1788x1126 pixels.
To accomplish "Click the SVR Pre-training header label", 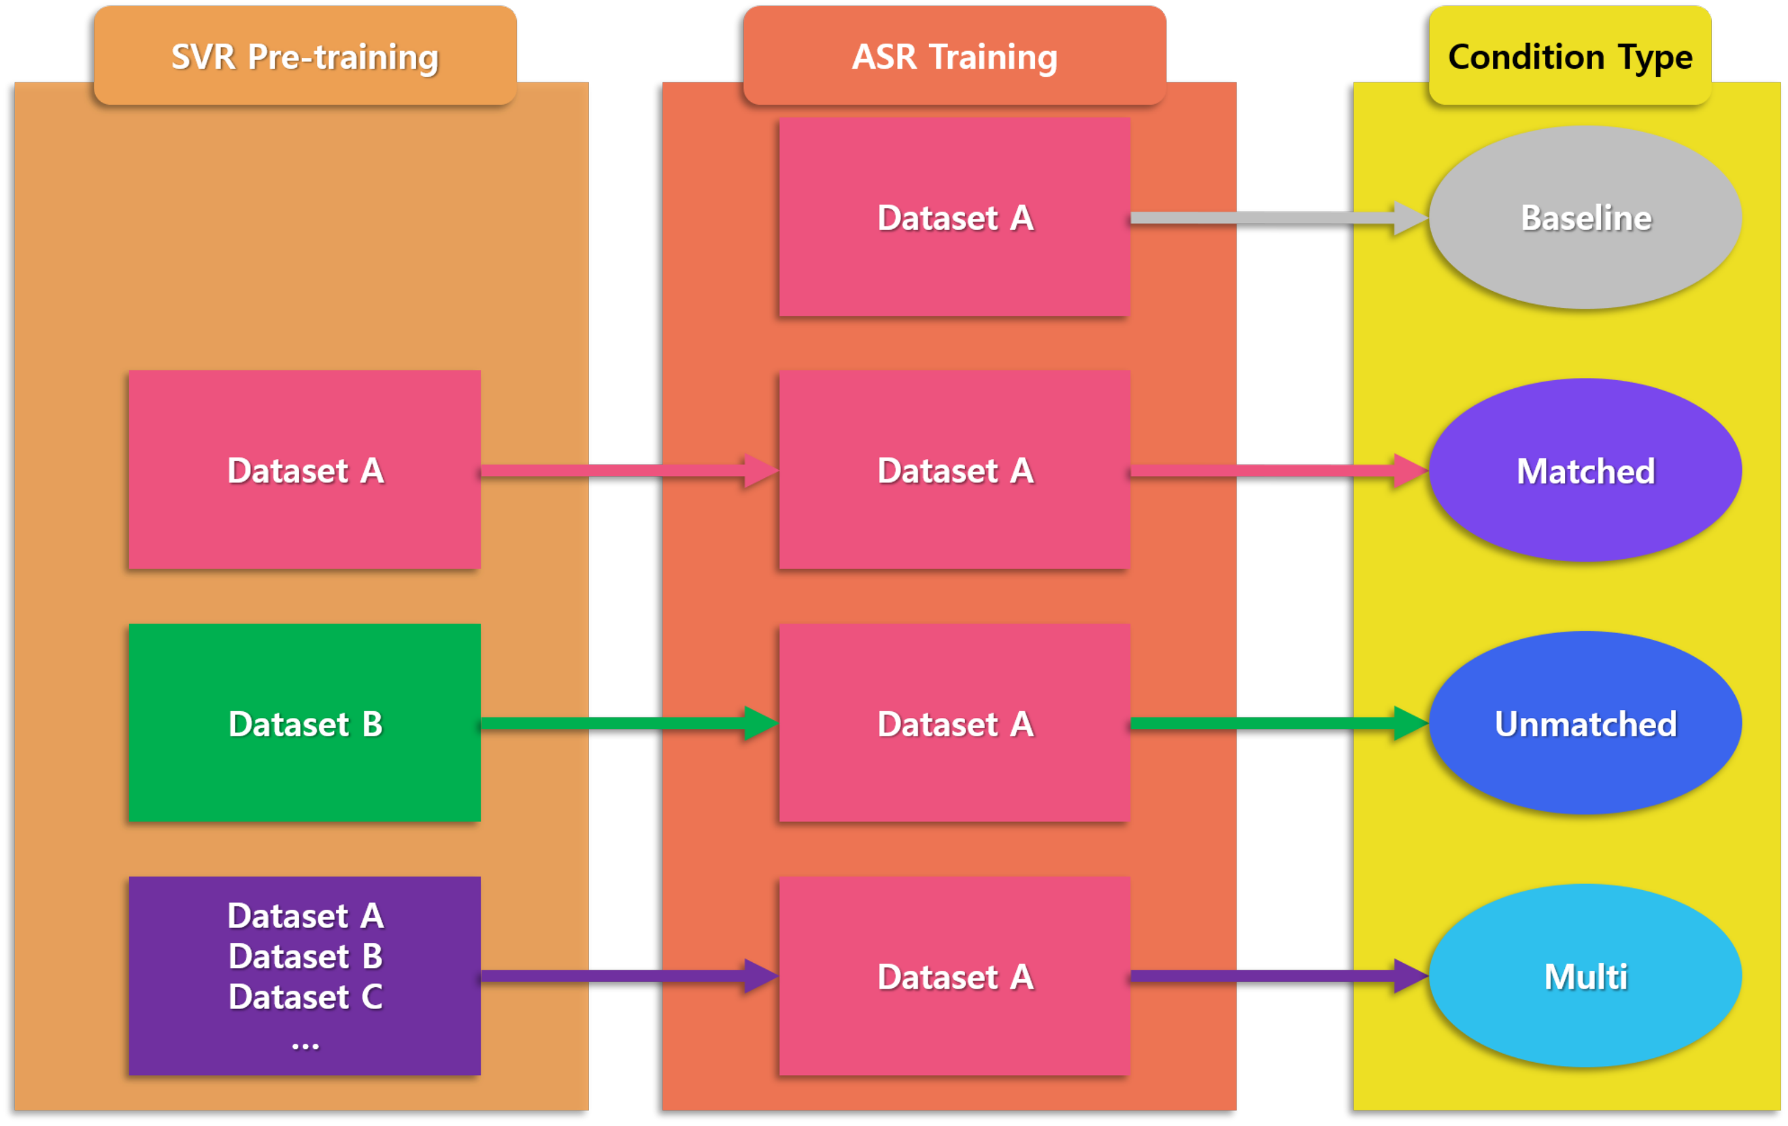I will pyautogui.click(x=305, y=56).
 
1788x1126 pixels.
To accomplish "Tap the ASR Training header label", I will pyautogui.click(x=954, y=56).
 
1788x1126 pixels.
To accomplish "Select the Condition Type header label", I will pyautogui.click(x=1570, y=56).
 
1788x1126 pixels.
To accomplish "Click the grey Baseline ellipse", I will pyautogui.click(x=1585, y=218).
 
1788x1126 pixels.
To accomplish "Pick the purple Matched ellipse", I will pyautogui.click(x=1585, y=471).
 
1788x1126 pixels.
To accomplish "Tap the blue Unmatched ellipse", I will pyautogui.click(x=1585, y=723).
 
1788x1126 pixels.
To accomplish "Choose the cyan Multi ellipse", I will pyautogui.click(x=1585, y=976).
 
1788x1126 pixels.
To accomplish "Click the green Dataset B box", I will pyautogui.click(x=305, y=723).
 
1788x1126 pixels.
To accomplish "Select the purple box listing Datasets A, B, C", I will pyautogui.click(x=305, y=975).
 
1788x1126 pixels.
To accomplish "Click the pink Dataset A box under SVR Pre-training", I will pyautogui.click(x=305, y=470).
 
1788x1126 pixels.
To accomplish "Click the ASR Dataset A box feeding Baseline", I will pyautogui.click(x=954, y=218).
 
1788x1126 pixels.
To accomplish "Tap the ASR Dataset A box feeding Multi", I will pyautogui.click(x=954, y=976).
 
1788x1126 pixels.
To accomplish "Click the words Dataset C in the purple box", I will pyautogui.click(x=305, y=997).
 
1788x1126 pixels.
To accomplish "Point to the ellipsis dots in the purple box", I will pyautogui.click(x=305, y=1046).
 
